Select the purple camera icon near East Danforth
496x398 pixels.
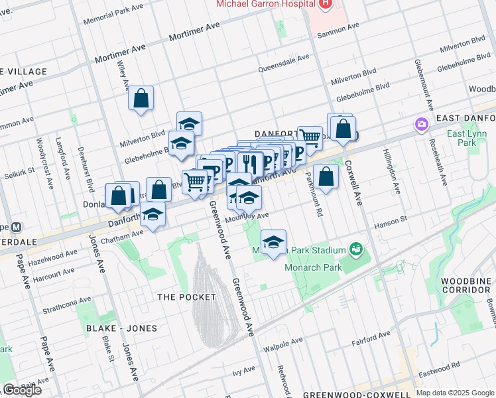[x=420, y=124]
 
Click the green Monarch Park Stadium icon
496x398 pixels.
[x=356, y=249]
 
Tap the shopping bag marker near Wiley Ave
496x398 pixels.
[x=141, y=99]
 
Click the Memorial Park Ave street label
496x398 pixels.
[x=113, y=13]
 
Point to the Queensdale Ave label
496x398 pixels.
[x=283, y=62]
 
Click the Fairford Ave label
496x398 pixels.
[x=371, y=343]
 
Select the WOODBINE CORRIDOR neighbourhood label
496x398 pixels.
[x=464, y=285]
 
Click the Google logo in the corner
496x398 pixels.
[x=22, y=389]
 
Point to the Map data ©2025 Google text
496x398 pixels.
[x=455, y=393]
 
